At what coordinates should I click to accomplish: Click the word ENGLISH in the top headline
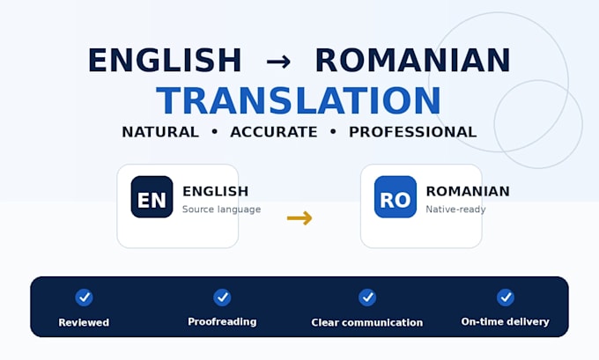pyautogui.click(x=165, y=60)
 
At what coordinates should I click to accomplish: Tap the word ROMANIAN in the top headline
pyautogui.click(x=413, y=60)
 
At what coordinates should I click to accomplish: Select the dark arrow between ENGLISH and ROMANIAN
pyautogui.click(x=278, y=62)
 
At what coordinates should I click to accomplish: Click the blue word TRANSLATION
pyautogui.click(x=299, y=100)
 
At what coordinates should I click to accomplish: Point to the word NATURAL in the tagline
pyautogui.click(x=160, y=132)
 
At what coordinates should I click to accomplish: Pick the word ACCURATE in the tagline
pyautogui.click(x=274, y=132)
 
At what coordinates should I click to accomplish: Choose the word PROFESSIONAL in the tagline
pyautogui.click(x=412, y=132)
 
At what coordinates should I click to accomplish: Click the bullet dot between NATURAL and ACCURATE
pyautogui.click(x=215, y=132)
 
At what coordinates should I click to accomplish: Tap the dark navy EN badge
pyautogui.click(x=152, y=197)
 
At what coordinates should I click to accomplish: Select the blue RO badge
pyautogui.click(x=396, y=197)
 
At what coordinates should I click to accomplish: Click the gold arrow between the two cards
pyautogui.click(x=299, y=218)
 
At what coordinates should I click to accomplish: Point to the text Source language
pyautogui.click(x=222, y=209)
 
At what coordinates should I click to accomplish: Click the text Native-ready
pyautogui.click(x=455, y=209)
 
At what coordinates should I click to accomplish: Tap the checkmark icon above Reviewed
pyautogui.click(x=84, y=297)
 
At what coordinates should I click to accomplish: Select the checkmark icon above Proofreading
pyautogui.click(x=222, y=297)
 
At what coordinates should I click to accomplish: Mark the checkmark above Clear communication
pyautogui.click(x=367, y=297)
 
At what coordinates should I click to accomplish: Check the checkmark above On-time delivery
pyautogui.click(x=506, y=297)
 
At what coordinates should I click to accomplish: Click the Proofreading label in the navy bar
pyautogui.click(x=222, y=322)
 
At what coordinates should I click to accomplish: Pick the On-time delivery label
pyautogui.click(x=506, y=322)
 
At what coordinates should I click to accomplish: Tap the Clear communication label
pyautogui.click(x=367, y=322)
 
